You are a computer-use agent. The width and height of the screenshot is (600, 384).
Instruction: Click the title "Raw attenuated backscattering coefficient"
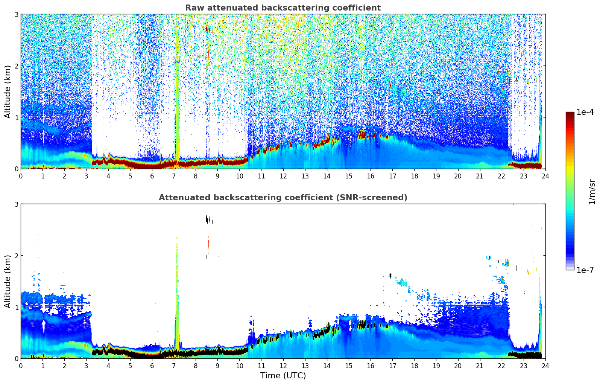pos(283,8)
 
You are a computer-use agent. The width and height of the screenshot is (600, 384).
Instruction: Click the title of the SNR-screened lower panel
pos(283,198)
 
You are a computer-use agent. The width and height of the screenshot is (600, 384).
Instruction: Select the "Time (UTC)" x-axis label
pos(283,376)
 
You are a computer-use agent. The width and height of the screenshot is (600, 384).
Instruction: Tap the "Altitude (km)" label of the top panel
pos(8,91)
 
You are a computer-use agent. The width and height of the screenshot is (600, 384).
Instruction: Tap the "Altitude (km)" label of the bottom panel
pos(8,281)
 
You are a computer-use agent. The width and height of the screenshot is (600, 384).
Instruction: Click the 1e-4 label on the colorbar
pos(585,112)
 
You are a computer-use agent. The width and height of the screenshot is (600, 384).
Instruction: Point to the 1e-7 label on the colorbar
pos(585,270)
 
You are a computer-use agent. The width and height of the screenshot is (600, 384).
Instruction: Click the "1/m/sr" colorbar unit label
pos(592,191)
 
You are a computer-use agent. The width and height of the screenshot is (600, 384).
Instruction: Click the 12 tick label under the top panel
pos(283,176)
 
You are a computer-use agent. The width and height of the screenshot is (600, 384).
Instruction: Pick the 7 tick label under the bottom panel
pos(174,366)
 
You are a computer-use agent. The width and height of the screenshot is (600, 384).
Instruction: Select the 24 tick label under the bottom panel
pos(545,366)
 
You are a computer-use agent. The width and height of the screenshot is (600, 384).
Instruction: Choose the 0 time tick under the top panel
pos(21,176)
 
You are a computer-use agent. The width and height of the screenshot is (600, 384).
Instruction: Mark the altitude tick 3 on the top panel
pos(16,14)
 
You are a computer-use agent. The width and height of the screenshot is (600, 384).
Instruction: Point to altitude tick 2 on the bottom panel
pos(16,256)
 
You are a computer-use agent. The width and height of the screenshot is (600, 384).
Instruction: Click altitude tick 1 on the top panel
pos(16,117)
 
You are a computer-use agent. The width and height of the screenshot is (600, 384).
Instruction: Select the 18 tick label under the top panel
pos(414,176)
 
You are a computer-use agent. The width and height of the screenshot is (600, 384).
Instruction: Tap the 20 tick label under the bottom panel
pos(458,366)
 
